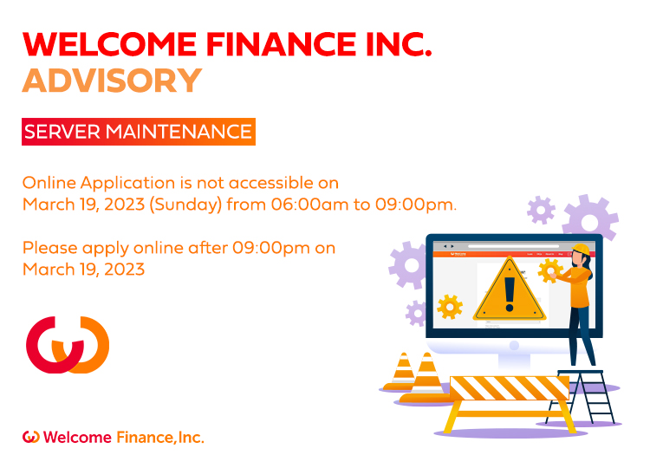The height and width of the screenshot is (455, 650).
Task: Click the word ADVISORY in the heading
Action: tap(112, 81)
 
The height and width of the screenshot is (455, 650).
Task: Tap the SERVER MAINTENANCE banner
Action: tap(139, 132)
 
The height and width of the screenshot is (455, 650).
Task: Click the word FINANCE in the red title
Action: tap(281, 44)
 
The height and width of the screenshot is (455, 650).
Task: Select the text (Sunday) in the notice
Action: tap(185, 205)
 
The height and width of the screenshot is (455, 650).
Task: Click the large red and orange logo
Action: tap(68, 345)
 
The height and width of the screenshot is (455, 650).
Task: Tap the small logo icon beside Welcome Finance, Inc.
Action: tap(30, 437)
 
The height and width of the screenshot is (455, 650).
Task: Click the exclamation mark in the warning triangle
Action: tap(510, 294)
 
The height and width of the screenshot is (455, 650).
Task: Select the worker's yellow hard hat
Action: tap(581, 249)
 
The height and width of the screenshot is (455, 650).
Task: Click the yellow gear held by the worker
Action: tap(550, 271)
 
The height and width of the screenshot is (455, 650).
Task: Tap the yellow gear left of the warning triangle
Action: tap(450, 307)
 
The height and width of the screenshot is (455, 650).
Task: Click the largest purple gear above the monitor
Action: tap(590, 218)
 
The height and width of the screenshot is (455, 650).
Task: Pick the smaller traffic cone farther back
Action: tap(403, 372)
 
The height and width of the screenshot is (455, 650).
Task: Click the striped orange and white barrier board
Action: tap(510, 388)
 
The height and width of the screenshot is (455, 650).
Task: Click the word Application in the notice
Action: tap(127, 184)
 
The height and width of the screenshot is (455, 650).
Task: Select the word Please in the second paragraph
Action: tap(50, 248)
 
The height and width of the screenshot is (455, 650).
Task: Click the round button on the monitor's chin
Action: tap(514, 345)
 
